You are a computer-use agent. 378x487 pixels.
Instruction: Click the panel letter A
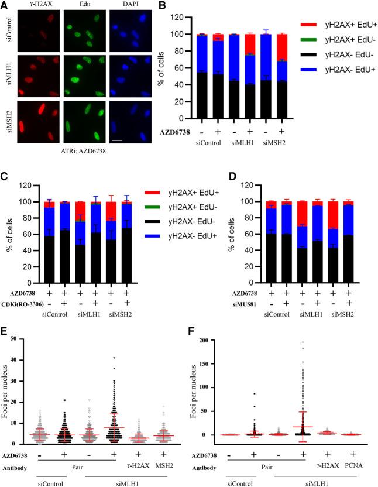[5, 5]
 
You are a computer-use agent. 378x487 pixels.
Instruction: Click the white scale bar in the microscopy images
[132, 140]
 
